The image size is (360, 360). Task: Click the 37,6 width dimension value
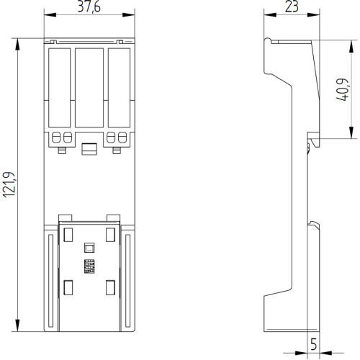click(89, 6)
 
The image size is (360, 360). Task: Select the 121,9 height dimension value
click(9, 185)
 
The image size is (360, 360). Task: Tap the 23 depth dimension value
click(292, 6)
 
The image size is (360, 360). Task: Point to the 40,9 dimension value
click(342, 89)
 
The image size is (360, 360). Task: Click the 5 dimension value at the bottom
click(313, 344)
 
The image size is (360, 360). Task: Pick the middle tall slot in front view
click(89, 88)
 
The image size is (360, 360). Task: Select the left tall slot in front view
click(59, 88)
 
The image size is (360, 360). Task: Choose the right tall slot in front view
click(119, 88)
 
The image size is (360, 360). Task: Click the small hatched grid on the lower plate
click(89, 266)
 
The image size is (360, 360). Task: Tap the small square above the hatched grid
click(89, 248)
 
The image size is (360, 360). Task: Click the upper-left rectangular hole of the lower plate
click(68, 235)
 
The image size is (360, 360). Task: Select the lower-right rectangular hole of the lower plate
click(110, 287)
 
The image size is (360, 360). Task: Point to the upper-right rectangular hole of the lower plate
click(110, 235)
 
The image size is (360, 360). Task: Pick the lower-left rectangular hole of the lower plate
click(68, 287)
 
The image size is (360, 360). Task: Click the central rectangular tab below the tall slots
click(89, 149)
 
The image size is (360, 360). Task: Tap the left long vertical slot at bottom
click(50, 281)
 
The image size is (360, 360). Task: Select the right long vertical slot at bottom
click(127, 281)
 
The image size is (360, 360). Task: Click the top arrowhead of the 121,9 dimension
click(17, 45)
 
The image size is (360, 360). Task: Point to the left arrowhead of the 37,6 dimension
click(50, 15)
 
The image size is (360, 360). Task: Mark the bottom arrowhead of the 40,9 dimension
click(351, 132)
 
